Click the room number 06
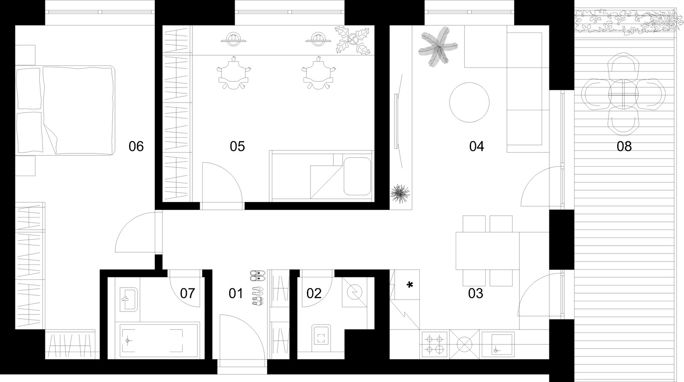136,147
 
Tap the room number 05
237,147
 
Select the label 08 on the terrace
624,147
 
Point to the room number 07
188,293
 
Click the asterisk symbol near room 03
410,285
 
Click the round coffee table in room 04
469,103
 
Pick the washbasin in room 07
128,300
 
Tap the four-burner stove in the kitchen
434,344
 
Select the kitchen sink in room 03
497,344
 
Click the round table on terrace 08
623,94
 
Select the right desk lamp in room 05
318,39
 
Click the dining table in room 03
488,251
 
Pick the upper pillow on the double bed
28,89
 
